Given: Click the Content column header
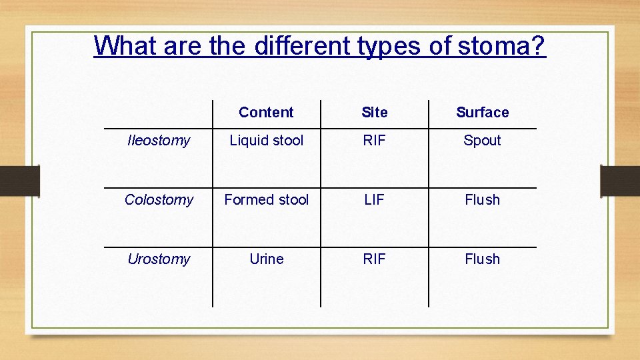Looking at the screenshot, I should [x=266, y=113].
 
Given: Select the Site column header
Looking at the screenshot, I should [x=374, y=113].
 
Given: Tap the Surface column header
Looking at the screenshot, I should [x=482, y=113].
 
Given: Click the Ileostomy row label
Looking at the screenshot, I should [x=159, y=141].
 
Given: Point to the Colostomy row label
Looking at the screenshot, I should [x=159, y=200].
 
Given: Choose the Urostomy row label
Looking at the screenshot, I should [x=159, y=259].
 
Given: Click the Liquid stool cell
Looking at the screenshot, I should [x=266, y=141].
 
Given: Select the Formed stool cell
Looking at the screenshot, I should [x=266, y=200].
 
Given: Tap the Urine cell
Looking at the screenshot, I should [x=266, y=259].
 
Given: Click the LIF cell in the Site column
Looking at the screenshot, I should [x=374, y=200].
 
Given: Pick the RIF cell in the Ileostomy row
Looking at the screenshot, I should [x=374, y=141].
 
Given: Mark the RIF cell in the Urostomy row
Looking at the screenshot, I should [x=374, y=259].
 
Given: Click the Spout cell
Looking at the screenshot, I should [x=482, y=141].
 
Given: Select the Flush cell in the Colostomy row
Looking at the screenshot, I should [x=482, y=200].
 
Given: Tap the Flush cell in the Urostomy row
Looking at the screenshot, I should [x=482, y=259].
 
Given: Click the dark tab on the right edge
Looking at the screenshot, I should [x=619, y=181].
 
